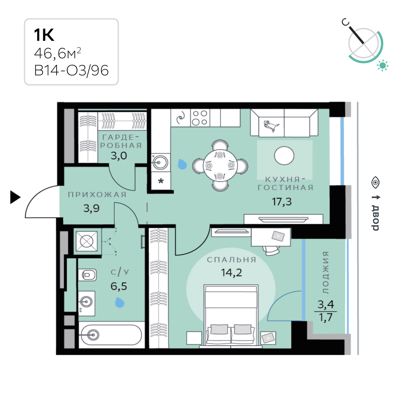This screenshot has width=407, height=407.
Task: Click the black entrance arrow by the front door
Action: (x=15, y=197)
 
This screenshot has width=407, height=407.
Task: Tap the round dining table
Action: (x=220, y=165)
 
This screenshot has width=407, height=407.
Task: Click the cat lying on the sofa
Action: (x=271, y=126)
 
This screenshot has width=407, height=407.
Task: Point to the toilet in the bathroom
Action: (x=87, y=275)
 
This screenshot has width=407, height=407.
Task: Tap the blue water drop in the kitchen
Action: (x=182, y=164)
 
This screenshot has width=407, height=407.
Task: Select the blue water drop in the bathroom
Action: (x=120, y=302)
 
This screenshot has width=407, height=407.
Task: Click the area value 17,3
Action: (x=282, y=201)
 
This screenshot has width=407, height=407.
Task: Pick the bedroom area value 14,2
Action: (x=231, y=273)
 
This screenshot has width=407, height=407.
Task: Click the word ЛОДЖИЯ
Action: (x=326, y=273)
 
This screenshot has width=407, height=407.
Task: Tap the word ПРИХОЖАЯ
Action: (x=97, y=194)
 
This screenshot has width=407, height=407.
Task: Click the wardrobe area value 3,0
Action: (x=119, y=156)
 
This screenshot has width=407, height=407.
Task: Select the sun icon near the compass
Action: (x=382, y=65)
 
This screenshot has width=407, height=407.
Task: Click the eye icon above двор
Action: (x=375, y=182)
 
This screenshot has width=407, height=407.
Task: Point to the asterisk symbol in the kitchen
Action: (x=161, y=181)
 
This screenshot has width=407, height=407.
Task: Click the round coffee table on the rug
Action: (x=284, y=156)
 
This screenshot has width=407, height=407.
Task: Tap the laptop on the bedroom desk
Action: (x=278, y=236)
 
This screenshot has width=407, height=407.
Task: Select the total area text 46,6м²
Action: (x=58, y=53)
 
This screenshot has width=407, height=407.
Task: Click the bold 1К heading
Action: (x=44, y=35)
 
